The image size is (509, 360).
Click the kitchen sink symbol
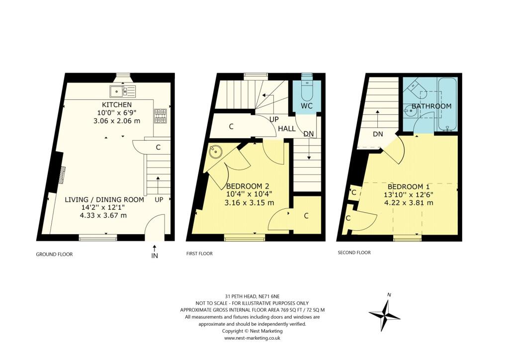pyautogui.click(x=122, y=91)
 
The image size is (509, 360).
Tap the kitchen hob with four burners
pyautogui.click(x=160, y=116)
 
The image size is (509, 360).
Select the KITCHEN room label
pyautogui.click(x=117, y=105)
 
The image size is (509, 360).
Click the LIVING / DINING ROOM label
pyautogui.click(x=104, y=199)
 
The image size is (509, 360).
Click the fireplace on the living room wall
pyautogui.click(x=62, y=175)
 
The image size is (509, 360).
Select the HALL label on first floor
pyautogui.click(x=287, y=128)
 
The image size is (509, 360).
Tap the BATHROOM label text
pyautogui.click(x=431, y=106)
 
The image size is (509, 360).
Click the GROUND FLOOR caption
pyautogui.click(x=54, y=254)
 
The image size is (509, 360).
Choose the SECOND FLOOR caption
pyautogui.click(x=354, y=253)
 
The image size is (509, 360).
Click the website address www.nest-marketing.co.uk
pyautogui.click(x=253, y=338)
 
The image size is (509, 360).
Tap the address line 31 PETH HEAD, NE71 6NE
pyautogui.click(x=253, y=296)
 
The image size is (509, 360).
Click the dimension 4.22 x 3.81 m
pyautogui.click(x=408, y=202)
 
